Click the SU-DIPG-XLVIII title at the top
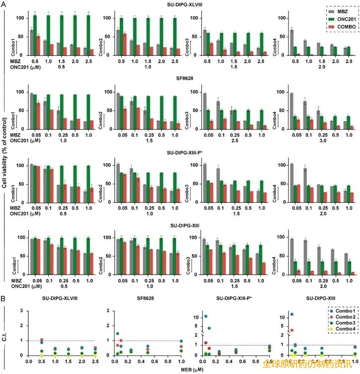tap(180, 4)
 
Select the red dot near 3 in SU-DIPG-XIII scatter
tap(292, 330)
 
